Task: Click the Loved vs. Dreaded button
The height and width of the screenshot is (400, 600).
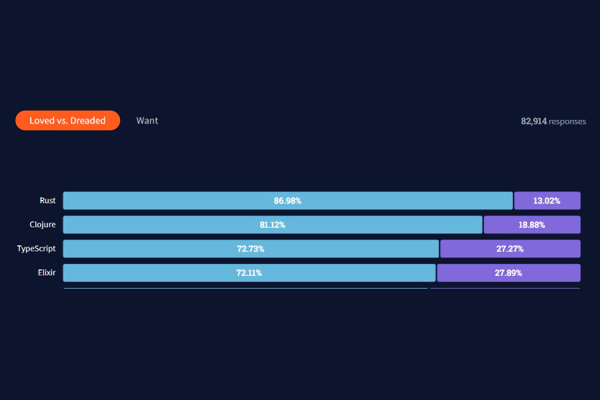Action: [68, 121]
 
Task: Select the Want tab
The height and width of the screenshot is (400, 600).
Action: [147, 121]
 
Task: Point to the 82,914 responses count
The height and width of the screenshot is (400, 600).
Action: [553, 121]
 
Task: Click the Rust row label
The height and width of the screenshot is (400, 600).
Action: [48, 201]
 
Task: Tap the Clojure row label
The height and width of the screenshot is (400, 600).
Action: [43, 225]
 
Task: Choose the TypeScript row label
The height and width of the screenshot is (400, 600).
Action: [37, 249]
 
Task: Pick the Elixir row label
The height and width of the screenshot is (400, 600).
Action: [47, 273]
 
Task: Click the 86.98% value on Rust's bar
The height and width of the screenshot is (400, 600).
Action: [288, 201]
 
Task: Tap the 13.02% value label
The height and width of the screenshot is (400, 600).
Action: [547, 201]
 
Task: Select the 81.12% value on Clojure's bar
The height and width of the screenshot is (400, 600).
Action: [273, 225]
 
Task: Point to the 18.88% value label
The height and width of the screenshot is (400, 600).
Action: [532, 225]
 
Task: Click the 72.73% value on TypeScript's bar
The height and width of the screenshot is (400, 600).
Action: [251, 249]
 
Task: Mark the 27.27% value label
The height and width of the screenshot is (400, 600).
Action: [510, 249]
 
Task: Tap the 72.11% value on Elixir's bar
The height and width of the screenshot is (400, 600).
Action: [249, 273]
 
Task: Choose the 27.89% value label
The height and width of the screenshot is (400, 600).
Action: [509, 273]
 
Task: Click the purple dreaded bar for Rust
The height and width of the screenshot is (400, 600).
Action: [547, 201]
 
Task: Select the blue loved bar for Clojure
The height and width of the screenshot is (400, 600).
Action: [273, 225]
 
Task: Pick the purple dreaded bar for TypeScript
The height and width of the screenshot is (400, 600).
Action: [510, 249]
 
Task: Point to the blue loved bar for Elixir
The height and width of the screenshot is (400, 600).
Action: [249, 273]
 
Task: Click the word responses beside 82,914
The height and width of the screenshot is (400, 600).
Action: [567, 122]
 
